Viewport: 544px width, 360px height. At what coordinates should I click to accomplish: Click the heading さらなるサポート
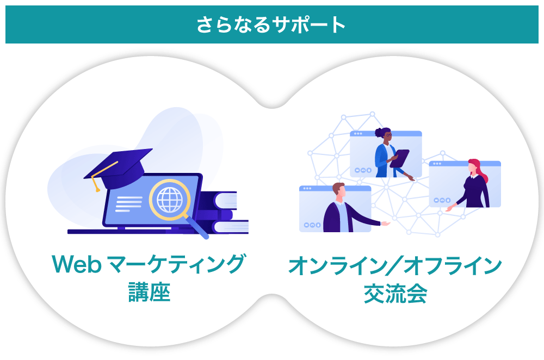point(271,25)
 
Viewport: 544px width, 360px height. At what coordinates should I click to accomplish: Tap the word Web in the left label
point(77,264)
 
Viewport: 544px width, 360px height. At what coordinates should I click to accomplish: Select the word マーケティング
point(177,264)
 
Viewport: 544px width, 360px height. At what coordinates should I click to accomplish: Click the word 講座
point(149,291)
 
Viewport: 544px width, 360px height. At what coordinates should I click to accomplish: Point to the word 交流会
point(395,294)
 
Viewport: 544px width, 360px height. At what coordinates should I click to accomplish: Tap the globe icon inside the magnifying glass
point(170,200)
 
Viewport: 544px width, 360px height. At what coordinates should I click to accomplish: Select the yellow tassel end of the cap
point(97,190)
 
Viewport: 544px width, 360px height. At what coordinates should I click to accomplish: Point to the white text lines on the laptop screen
point(129,203)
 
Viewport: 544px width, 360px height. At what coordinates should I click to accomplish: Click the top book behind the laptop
point(219,201)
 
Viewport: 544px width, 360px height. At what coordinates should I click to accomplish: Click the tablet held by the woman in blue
point(399,158)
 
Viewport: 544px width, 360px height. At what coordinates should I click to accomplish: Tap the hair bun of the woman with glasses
point(378,133)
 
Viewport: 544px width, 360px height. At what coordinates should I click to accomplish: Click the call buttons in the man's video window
point(312,225)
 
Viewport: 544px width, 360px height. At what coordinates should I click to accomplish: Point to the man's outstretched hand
point(386,224)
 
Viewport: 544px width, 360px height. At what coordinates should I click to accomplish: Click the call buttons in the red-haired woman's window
point(442,200)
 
